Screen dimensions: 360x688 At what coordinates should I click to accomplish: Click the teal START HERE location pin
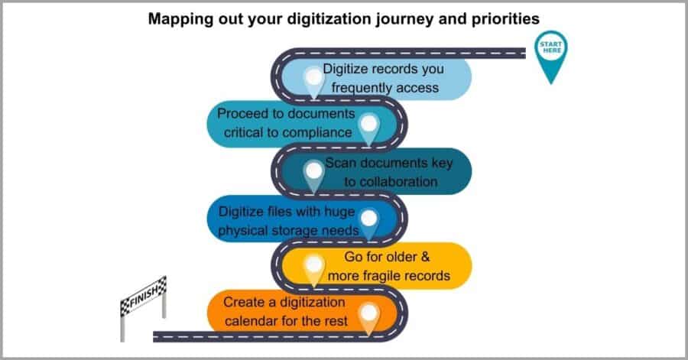(x=552, y=54)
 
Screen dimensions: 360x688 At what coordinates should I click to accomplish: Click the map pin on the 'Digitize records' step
(x=313, y=79)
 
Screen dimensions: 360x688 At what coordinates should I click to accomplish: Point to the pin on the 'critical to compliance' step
(x=369, y=127)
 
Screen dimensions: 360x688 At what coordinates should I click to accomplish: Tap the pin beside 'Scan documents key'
(x=313, y=173)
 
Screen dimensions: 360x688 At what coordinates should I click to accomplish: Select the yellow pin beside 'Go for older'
(x=313, y=268)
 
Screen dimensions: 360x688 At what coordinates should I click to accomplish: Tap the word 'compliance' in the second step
(x=316, y=131)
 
